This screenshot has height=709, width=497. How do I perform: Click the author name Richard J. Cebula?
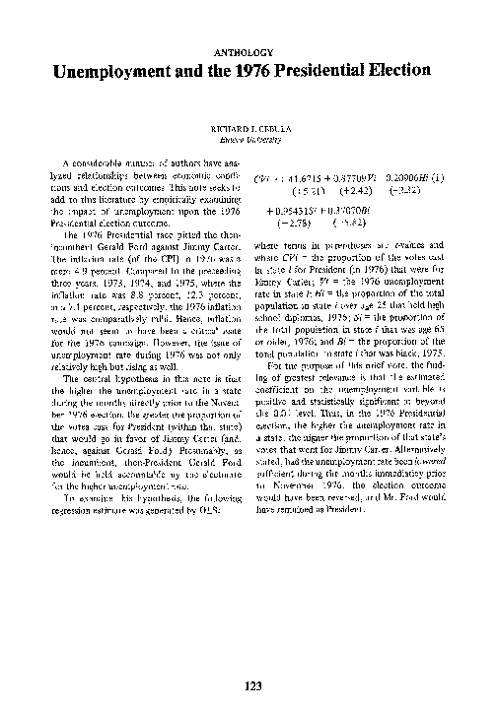[248, 128]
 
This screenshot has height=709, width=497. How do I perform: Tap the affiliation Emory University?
[248, 139]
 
